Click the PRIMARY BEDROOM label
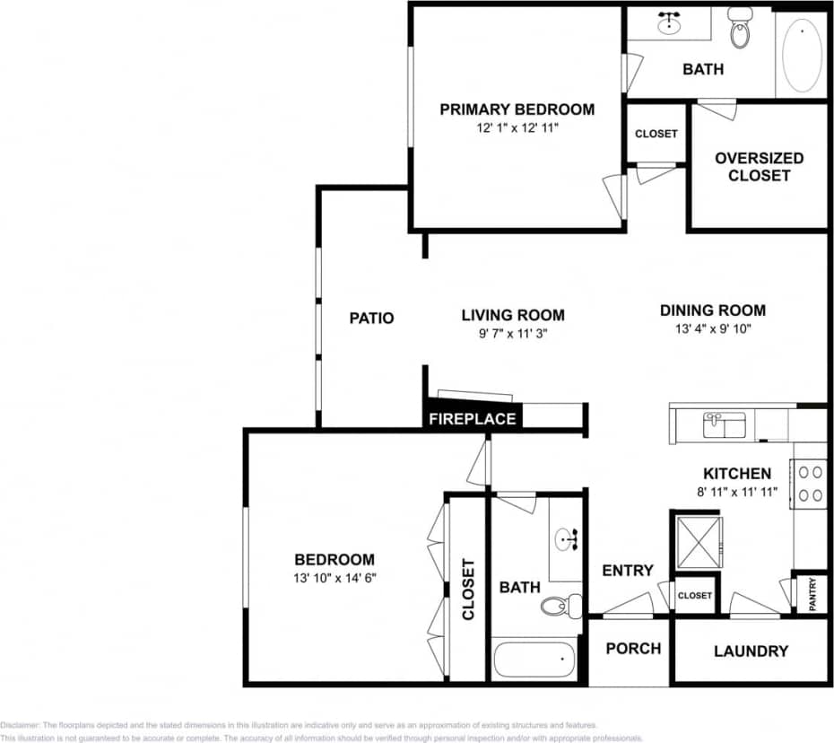(x=517, y=109)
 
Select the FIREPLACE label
(x=472, y=419)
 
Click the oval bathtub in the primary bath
(x=802, y=55)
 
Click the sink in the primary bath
(x=669, y=22)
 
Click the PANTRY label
(x=812, y=595)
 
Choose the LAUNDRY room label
(x=751, y=651)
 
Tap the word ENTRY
(x=628, y=571)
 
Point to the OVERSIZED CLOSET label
(x=759, y=167)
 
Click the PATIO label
(x=371, y=318)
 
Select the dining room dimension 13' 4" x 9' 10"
(x=713, y=329)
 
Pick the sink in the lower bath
(x=567, y=539)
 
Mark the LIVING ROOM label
(x=513, y=315)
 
